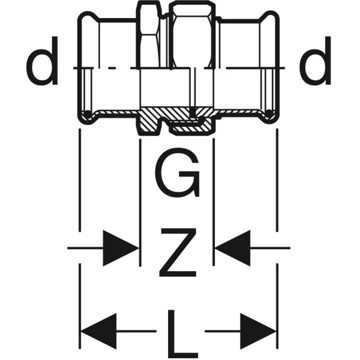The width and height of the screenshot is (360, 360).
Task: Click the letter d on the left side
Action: pyautogui.click(x=42, y=61)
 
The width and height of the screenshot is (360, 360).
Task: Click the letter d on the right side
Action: pyautogui.click(x=316, y=61)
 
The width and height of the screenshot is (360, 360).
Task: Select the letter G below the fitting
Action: pyautogui.click(x=177, y=172)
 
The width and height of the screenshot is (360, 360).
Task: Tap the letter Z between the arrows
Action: pyautogui.click(x=178, y=253)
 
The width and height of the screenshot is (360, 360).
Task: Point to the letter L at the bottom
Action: pyautogui.click(x=182, y=334)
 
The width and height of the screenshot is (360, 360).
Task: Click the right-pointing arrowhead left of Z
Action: pyautogui.click(x=121, y=248)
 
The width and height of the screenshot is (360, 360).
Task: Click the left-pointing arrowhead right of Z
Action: pyautogui.click(x=232, y=248)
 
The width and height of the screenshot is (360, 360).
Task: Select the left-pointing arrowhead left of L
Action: pyautogui.click(x=99, y=331)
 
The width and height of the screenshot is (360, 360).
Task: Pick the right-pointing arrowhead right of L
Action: pyautogui.click(x=258, y=331)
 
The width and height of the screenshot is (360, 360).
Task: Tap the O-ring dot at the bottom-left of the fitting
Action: pyautogui.click(x=88, y=113)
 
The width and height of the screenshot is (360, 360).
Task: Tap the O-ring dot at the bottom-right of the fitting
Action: pyautogui.click(x=269, y=113)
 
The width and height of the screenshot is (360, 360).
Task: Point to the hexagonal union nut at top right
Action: pyautogui.click(x=192, y=34)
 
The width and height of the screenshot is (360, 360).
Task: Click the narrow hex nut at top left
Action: pyautogui.click(x=149, y=34)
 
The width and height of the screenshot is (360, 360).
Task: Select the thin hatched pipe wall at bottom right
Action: pyautogui.click(x=238, y=112)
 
